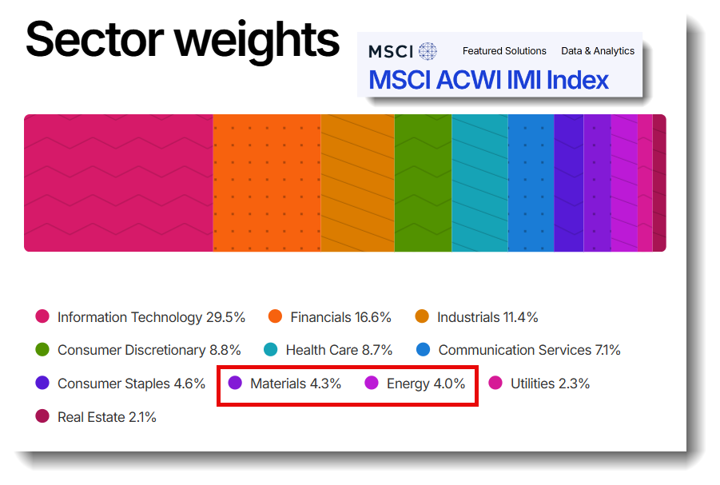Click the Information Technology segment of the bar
pos(118,183)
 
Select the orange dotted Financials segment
pos(267,183)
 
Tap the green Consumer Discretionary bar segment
pos(423,183)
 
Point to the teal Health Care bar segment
pos(479,183)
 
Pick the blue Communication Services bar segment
pos(531,183)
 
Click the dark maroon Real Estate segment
pos(659,183)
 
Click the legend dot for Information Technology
pos(42,316)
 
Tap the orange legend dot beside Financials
pos(275,316)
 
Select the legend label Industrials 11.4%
pos(487,317)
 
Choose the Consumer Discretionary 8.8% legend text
pos(149,351)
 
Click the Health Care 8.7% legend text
pos(339,351)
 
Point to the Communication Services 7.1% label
pos(530,351)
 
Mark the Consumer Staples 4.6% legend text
pos(131,384)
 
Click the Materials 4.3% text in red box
pos(296,384)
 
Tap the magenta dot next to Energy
pos(372,383)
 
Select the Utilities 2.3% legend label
pos(550,384)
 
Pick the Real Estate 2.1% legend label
pos(107,418)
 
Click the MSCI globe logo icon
pos(428,51)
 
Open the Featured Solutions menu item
pos(504,51)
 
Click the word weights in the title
pos(257,42)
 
